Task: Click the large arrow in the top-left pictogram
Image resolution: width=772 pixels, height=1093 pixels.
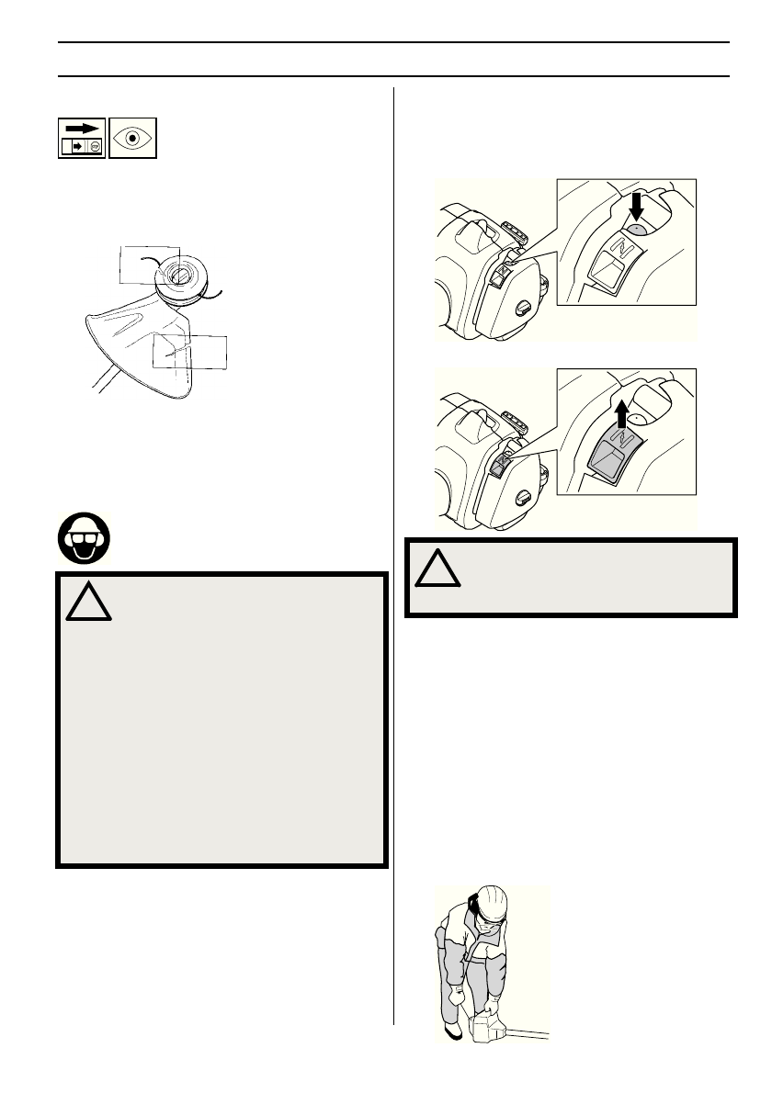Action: [81, 130]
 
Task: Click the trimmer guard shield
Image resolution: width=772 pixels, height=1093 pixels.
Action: [138, 349]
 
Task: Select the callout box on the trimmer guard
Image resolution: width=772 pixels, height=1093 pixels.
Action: [189, 352]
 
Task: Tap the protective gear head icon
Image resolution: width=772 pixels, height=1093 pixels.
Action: [83, 535]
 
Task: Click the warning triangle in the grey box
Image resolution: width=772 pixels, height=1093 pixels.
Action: [88, 603]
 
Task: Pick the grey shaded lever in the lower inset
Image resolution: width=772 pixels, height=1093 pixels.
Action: [607, 457]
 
